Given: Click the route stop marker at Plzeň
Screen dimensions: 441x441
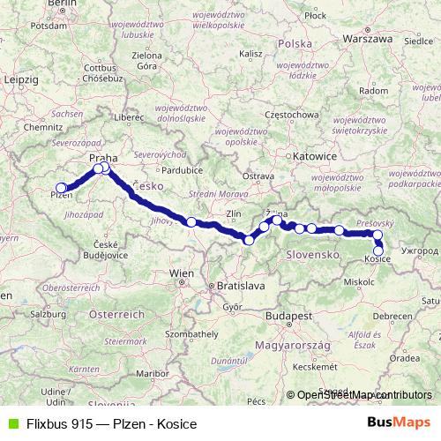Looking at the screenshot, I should (x=62, y=187).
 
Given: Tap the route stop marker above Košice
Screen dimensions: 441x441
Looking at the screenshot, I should (x=377, y=235).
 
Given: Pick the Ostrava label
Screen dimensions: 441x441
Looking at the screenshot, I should (x=258, y=176).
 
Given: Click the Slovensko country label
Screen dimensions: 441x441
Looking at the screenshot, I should (x=313, y=254).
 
